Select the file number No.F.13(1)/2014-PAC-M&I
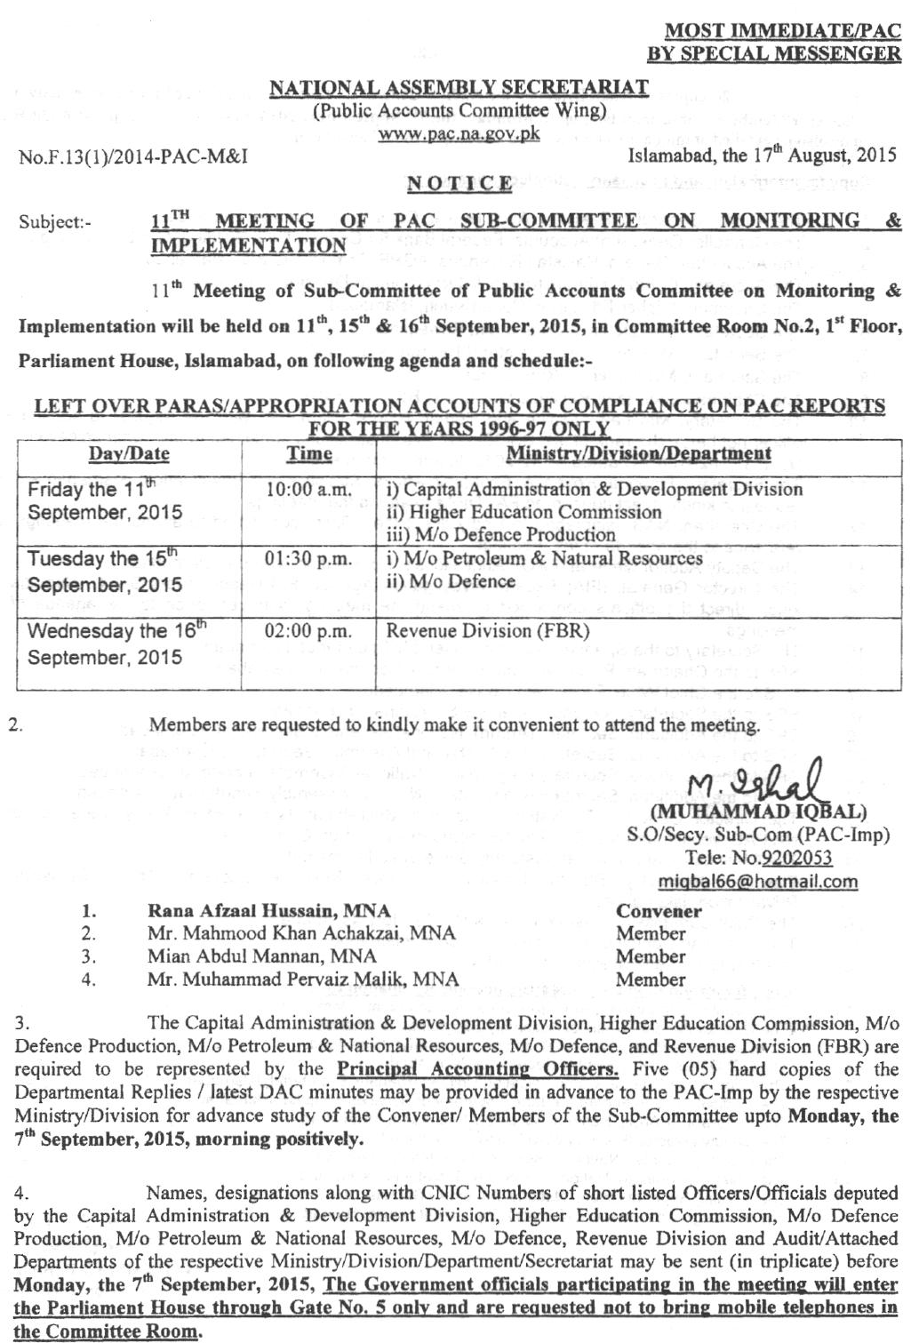(133, 157)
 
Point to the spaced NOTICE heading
(459, 184)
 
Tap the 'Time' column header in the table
(309, 454)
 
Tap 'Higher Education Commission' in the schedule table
(524, 512)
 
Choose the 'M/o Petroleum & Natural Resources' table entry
(544, 559)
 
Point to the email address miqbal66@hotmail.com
(758, 882)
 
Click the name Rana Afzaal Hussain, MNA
(269, 911)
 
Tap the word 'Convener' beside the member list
(659, 911)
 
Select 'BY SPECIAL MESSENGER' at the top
(773, 52)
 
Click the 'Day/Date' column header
(129, 454)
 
